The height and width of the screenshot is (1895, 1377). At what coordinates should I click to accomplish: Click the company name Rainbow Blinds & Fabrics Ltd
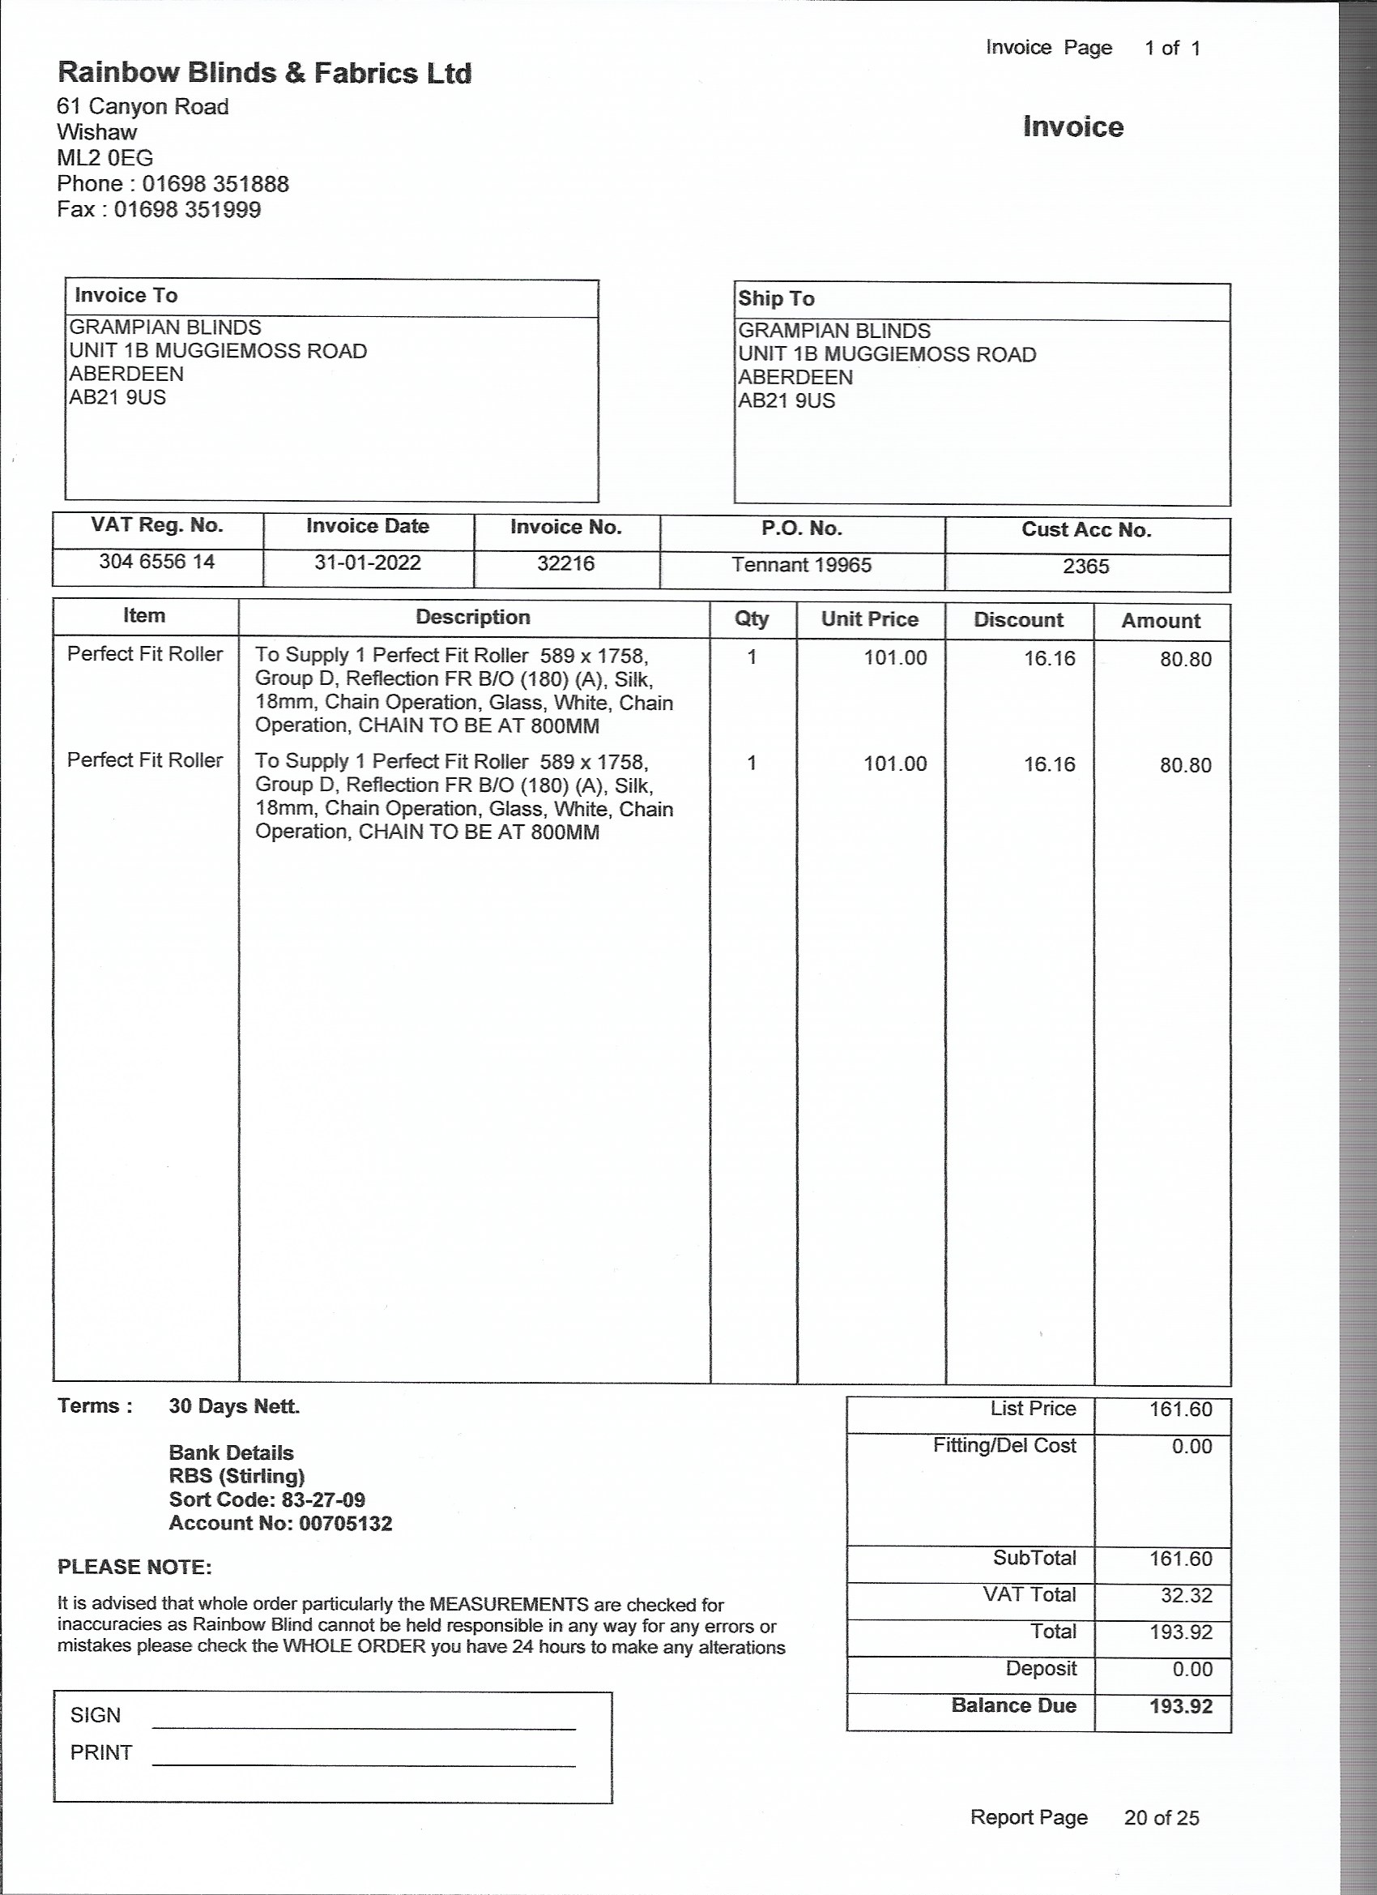click(264, 74)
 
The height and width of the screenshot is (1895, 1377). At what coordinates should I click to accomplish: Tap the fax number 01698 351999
click(187, 209)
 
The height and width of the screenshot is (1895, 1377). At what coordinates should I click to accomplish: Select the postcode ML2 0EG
click(105, 157)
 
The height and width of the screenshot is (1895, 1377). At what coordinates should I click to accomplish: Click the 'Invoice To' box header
click(126, 295)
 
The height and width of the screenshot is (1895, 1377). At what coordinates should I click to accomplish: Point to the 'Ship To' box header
click(776, 298)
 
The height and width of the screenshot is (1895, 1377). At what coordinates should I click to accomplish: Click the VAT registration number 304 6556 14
click(157, 562)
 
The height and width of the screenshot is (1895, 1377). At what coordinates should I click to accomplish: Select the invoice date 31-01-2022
click(368, 563)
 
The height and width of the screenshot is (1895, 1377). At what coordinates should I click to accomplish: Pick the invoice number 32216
click(565, 563)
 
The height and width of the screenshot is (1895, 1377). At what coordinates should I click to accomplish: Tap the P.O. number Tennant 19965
click(802, 565)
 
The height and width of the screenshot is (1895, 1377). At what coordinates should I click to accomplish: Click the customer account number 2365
click(1085, 567)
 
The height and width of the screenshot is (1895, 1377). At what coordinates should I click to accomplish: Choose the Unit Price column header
click(869, 619)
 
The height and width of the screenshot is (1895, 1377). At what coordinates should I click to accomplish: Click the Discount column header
click(1018, 620)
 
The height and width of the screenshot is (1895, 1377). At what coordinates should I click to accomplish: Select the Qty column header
click(752, 618)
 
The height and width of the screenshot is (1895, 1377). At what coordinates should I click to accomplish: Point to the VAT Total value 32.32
click(1186, 1595)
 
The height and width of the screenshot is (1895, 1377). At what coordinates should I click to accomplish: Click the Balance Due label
click(1013, 1705)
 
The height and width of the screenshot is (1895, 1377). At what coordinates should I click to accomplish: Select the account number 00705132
click(345, 1523)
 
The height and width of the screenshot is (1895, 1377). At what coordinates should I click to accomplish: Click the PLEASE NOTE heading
click(134, 1567)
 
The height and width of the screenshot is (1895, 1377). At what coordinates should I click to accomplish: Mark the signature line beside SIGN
click(364, 1727)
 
